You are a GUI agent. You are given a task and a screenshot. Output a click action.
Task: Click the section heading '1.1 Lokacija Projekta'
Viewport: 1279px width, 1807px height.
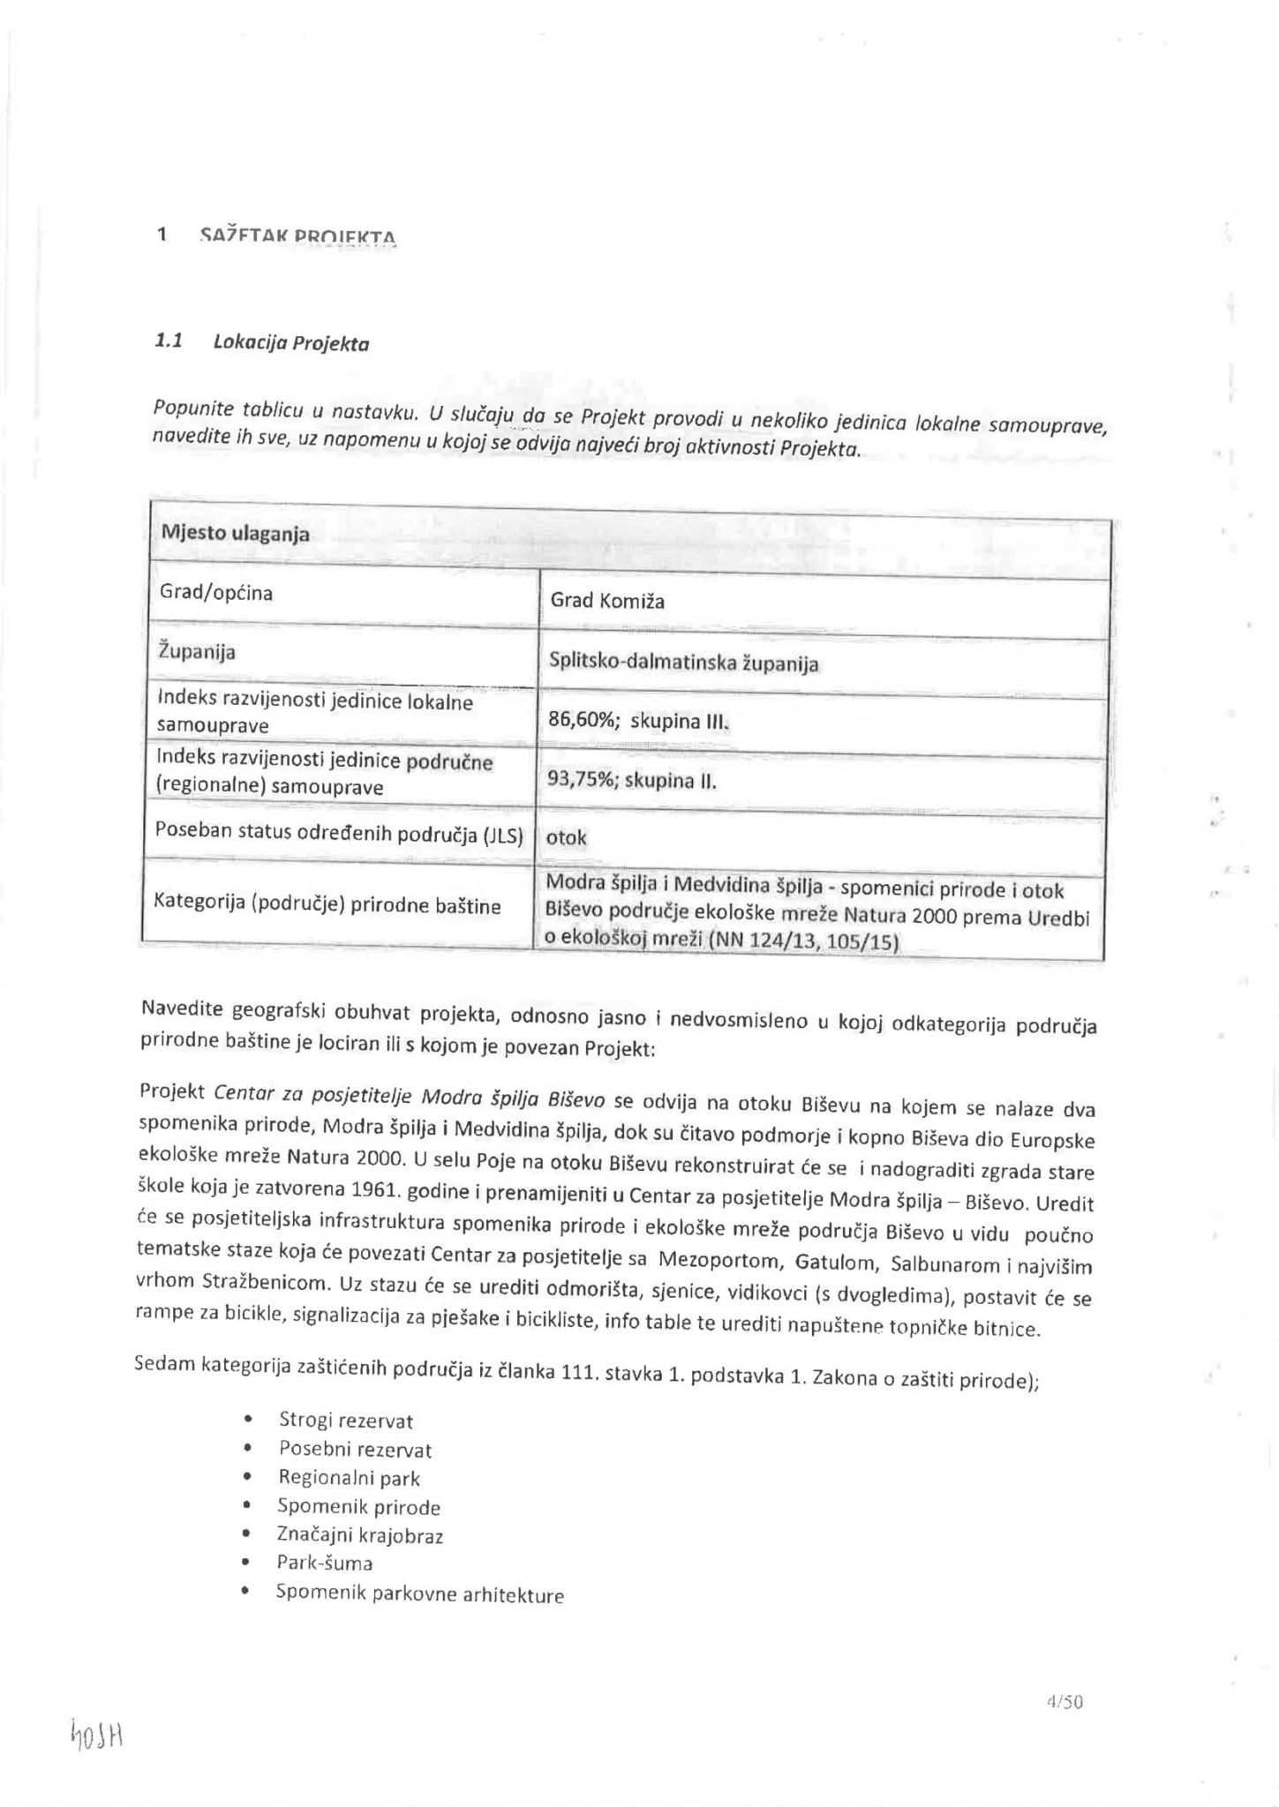(x=262, y=342)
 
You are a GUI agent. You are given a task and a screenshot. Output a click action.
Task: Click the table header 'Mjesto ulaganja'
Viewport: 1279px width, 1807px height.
(x=234, y=534)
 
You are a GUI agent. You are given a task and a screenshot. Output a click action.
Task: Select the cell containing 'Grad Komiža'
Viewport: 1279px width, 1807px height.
(x=607, y=602)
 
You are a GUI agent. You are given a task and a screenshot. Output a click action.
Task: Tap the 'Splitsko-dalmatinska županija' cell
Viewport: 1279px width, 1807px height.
(x=684, y=664)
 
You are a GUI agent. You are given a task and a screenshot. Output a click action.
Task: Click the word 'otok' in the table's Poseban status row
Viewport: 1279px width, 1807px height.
(x=567, y=837)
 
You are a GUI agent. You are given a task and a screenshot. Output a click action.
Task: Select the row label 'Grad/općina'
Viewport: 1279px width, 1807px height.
(x=216, y=593)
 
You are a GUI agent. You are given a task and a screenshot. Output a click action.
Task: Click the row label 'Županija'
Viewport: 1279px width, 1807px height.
(x=197, y=653)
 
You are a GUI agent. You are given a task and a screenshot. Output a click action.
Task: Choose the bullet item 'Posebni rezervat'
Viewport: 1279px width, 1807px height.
(x=355, y=1450)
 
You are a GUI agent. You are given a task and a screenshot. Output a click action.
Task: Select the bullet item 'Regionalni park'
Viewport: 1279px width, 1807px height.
(x=350, y=1478)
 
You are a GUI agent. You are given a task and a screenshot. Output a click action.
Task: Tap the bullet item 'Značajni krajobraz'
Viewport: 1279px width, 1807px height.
(x=360, y=1535)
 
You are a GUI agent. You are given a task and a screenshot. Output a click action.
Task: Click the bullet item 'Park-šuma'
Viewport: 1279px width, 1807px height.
(x=325, y=1563)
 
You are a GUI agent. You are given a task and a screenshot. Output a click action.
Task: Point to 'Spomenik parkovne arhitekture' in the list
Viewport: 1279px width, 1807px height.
(x=419, y=1594)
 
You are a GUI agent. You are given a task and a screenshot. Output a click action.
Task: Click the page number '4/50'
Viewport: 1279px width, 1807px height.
(x=1064, y=1702)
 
